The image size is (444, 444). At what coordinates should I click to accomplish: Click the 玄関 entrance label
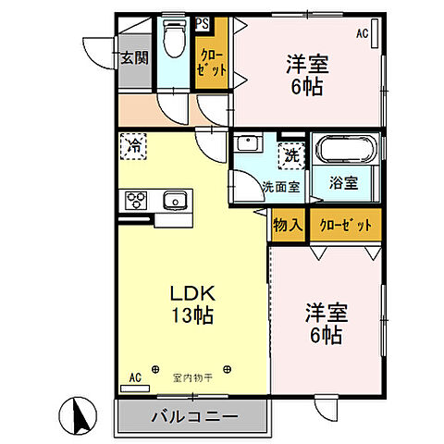pyautogui.click(x=133, y=56)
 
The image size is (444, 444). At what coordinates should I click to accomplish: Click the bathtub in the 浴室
pyautogui.click(x=345, y=153)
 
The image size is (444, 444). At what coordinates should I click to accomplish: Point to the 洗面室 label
pyautogui.click(x=281, y=186)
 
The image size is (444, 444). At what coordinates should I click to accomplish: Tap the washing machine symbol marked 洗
pyautogui.click(x=290, y=155)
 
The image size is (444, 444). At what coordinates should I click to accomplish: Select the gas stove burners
pyautogui.click(x=135, y=200)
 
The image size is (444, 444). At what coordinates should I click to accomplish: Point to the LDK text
pyautogui.click(x=192, y=293)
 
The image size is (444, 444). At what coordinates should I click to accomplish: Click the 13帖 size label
pyautogui.click(x=192, y=315)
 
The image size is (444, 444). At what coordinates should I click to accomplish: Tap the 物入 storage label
pyautogui.click(x=288, y=225)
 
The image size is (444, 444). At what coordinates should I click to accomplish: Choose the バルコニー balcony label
pyautogui.click(x=194, y=416)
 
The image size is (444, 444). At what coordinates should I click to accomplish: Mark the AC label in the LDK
pyautogui.click(x=134, y=377)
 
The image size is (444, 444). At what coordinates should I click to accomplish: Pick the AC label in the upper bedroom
pyautogui.click(x=363, y=34)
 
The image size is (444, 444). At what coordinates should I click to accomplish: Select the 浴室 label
pyautogui.click(x=344, y=183)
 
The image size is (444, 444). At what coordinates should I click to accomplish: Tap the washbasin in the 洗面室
pyautogui.click(x=247, y=144)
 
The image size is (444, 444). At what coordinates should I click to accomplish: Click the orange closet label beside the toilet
pyautogui.click(x=211, y=62)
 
